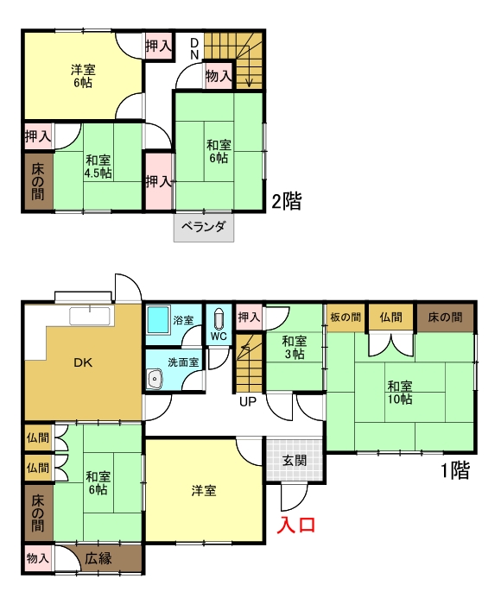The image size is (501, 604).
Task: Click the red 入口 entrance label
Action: [x=296, y=525]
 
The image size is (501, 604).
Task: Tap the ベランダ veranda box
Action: [x=204, y=227]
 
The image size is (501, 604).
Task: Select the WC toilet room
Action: [x=219, y=324]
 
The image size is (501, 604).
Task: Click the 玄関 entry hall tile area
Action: [x=295, y=459]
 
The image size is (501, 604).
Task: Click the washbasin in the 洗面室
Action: [x=155, y=379]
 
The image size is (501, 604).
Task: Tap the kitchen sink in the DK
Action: [x=90, y=317]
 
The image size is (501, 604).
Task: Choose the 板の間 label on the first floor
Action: [x=346, y=318]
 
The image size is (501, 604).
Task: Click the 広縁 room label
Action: [x=98, y=558]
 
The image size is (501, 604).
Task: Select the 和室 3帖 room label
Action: [x=295, y=348]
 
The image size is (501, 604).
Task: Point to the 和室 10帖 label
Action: [x=400, y=392]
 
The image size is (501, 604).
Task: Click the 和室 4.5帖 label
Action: [x=98, y=167]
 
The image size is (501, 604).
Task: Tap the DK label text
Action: [x=83, y=362]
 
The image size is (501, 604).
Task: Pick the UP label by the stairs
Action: [x=248, y=402]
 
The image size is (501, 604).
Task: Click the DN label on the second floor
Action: [x=194, y=48]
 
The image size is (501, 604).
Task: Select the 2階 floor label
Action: [x=286, y=201]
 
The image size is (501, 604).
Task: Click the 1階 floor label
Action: [x=455, y=470]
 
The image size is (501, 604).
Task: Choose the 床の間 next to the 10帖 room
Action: [x=445, y=318]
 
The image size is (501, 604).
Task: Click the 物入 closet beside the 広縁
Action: [x=37, y=557]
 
